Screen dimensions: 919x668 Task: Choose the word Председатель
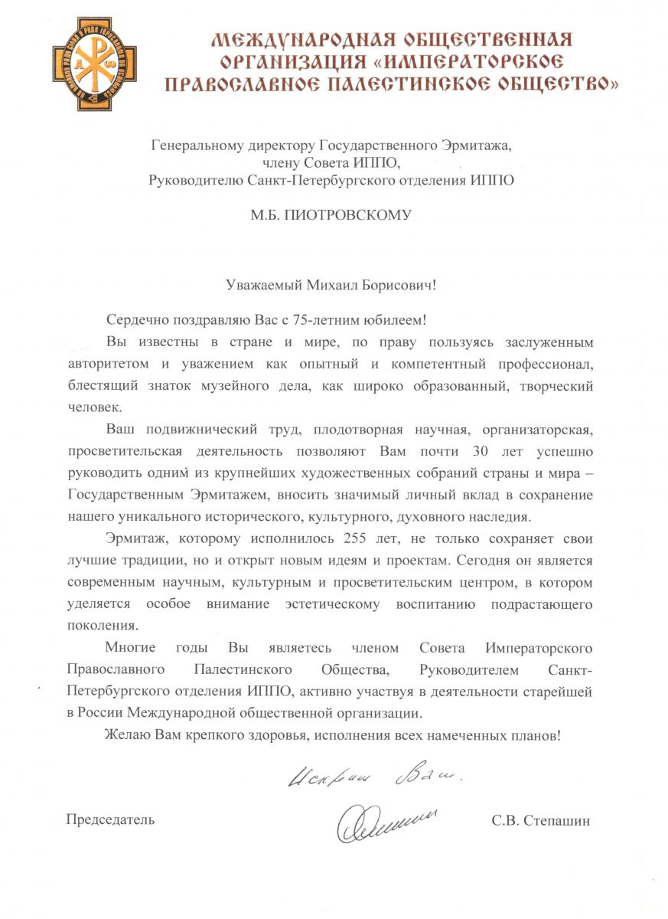[110, 819]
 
